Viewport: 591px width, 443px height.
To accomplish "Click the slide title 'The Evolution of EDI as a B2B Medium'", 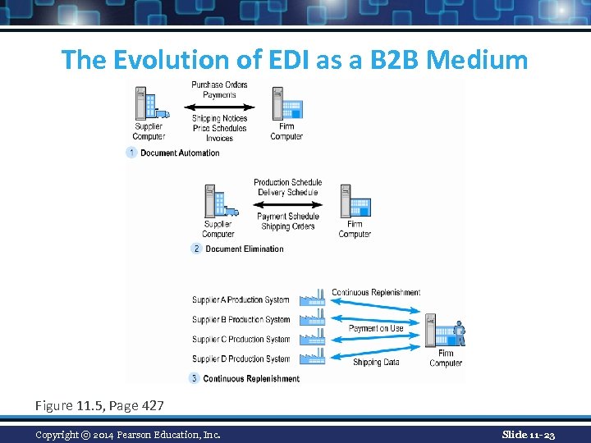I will coord(295,59).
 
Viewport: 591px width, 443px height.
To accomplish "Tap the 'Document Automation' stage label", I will coord(180,153).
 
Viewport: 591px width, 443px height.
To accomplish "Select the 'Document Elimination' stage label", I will coord(244,249).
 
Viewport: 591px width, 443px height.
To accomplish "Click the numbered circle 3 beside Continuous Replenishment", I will coord(195,378).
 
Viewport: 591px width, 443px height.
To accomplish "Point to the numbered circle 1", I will coord(131,153).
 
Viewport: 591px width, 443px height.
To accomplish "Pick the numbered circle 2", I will coord(195,249).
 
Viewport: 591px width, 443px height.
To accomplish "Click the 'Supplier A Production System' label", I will coord(241,300).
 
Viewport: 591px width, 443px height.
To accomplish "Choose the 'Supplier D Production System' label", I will coord(241,359).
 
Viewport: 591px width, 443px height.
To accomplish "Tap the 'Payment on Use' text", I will coord(376,328).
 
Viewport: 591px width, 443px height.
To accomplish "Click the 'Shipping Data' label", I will coord(377,362).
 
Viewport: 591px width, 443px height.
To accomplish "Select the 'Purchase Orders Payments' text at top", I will coord(219,89).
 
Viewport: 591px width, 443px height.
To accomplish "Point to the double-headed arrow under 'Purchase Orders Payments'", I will coord(219,106).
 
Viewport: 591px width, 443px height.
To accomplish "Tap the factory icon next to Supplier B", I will coord(314,319).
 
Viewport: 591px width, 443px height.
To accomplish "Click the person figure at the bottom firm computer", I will coord(459,332).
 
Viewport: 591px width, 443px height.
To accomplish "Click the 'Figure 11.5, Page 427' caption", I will coord(99,405).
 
